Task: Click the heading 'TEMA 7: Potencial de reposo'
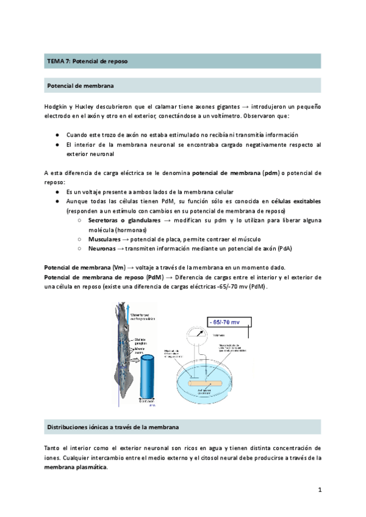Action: [x=88, y=61]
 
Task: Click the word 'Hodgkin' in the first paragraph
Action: [x=57, y=107]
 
